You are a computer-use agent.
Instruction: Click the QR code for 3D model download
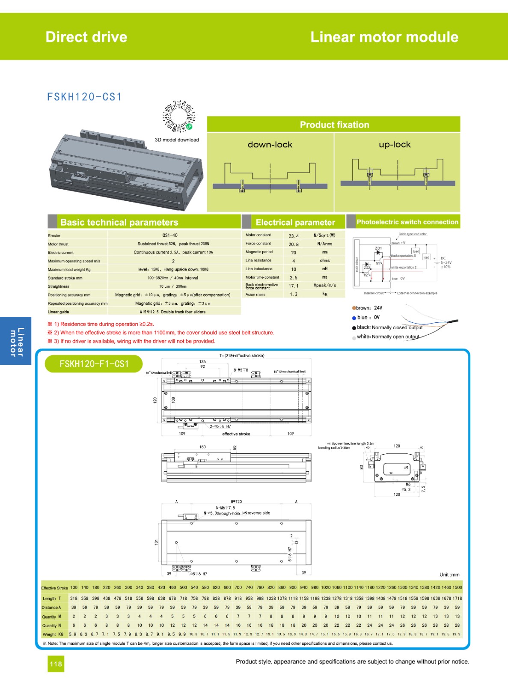[178, 116]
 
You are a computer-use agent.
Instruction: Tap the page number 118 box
[56, 664]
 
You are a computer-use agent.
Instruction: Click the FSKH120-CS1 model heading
[84, 97]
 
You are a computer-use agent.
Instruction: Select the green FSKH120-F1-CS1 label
[94, 364]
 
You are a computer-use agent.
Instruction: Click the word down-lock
[270, 145]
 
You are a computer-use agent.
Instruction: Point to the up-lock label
[395, 145]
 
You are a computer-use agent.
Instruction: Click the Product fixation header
[334, 125]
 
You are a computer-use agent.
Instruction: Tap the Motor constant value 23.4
[294, 235]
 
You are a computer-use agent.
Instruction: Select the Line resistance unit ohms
[325, 260]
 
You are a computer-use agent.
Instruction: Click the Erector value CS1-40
[170, 235]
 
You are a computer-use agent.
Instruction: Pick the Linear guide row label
[59, 312]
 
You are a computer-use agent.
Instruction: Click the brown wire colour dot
[354, 308]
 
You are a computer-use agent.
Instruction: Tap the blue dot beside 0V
[354, 318]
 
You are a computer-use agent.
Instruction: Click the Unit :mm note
[449, 575]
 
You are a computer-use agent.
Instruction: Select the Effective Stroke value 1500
[457, 587]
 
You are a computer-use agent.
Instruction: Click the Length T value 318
[74, 598]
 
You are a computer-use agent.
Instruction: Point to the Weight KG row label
[53, 634]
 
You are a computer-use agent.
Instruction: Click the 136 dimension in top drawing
[202, 361]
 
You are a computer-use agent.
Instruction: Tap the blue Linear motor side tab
[16, 341]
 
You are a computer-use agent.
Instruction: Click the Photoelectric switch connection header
[407, 222]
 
